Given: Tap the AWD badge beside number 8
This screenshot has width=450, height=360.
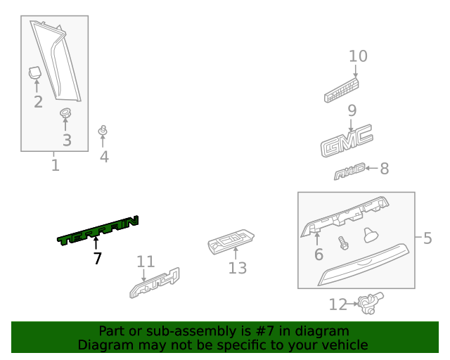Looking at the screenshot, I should pos(349,170).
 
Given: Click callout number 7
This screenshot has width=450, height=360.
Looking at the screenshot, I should pos(97,259).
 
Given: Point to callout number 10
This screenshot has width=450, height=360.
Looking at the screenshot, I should pos(358,56).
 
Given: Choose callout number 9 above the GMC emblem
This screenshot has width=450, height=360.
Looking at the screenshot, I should pos(352,110).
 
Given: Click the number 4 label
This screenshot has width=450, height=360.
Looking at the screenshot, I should pos(104,157).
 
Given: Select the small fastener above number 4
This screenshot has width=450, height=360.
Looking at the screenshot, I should pos(103,131).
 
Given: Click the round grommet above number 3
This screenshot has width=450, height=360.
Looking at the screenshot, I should pos(66,113).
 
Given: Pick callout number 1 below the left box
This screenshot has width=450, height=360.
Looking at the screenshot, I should pos(55,166).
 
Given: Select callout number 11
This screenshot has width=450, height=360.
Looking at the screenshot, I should pos(145,262).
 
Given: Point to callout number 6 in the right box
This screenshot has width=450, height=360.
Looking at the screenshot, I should pos(318,255).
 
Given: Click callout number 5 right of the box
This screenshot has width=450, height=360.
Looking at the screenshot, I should pos(427,238).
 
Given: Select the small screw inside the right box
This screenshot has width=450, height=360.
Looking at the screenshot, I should pos(344,243).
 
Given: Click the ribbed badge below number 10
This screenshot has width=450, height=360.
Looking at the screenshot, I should pos(342,91).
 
